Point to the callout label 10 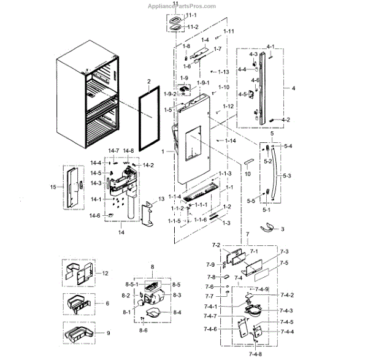(248, 175)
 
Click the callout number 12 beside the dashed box (105, 273)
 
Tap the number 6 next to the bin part (107, 304)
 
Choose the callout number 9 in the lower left (108, 334)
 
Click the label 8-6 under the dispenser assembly (142, 331)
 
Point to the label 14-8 (128, 151)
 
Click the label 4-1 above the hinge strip (270, 47)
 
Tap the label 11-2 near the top (193, 27)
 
